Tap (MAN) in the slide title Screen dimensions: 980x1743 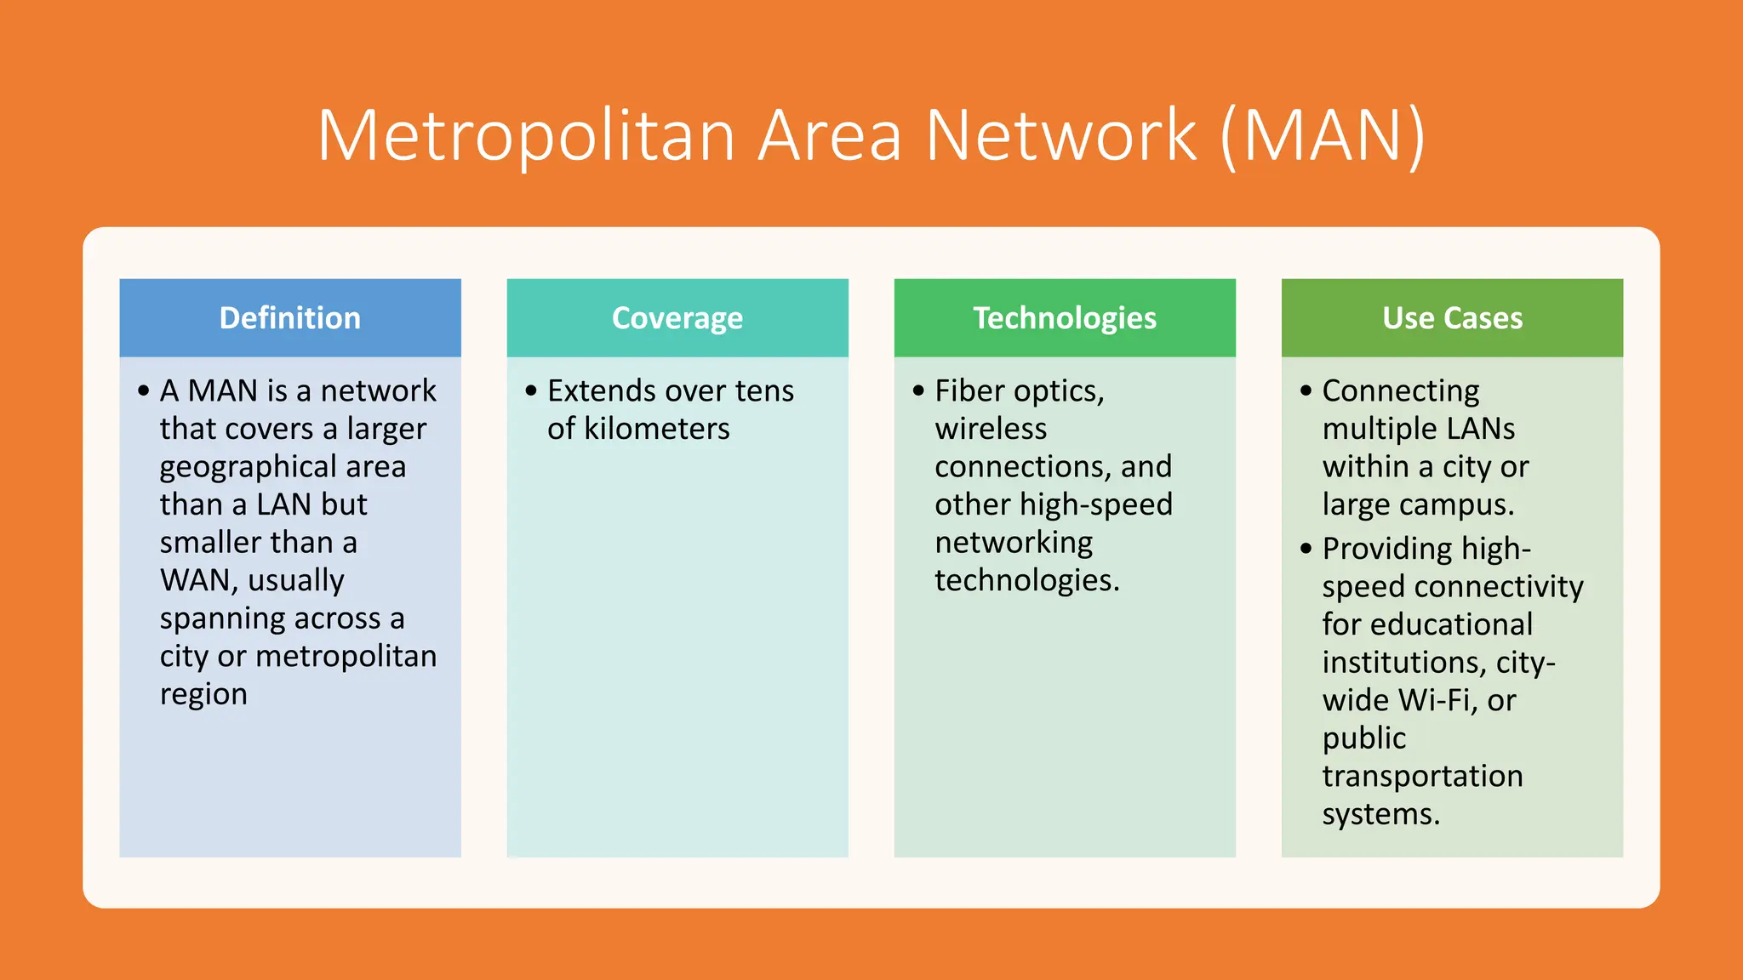[1322, 136]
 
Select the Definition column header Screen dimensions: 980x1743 [290, 318]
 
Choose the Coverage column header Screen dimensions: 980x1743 [677, 318]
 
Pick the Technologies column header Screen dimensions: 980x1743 [1065, 318]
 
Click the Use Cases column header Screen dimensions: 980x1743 [1452, 318]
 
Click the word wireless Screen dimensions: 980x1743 [991, 429]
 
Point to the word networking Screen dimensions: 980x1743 [1014, 543]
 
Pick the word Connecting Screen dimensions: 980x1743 [1401, 390]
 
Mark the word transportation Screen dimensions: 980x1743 [1422, 776]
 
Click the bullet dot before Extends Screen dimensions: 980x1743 [531, 391]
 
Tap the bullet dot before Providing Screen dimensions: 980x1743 [1306, 549]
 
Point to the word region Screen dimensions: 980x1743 [203, 694]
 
